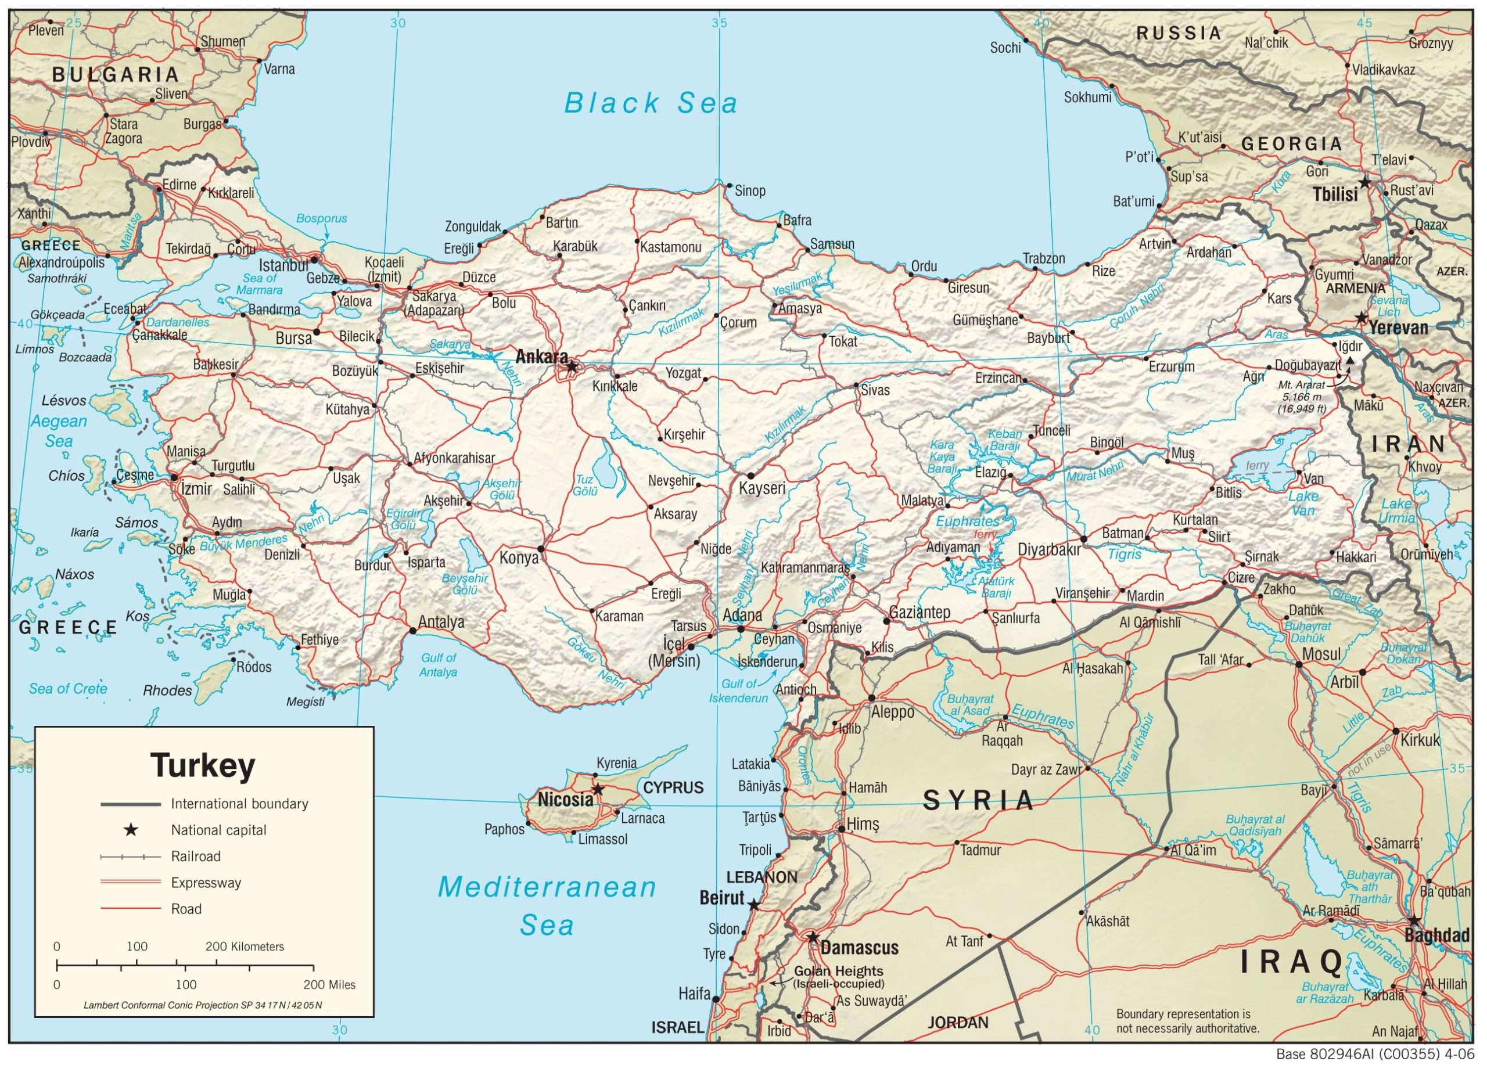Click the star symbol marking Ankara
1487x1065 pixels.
click(572, 366)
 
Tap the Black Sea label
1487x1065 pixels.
click(651, 103)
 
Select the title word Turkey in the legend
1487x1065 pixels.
click(203, 765)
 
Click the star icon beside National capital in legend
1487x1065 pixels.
click(131, 830)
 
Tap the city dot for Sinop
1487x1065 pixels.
click(728, 185)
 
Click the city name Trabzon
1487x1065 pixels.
click(1044, 258)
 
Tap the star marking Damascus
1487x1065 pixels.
click(813, 938)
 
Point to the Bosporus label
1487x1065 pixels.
click(321, 218)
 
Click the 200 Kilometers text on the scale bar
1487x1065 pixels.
click(245, 947)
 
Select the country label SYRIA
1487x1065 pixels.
click(978, 800)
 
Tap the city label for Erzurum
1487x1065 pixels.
click(1172, 366)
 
